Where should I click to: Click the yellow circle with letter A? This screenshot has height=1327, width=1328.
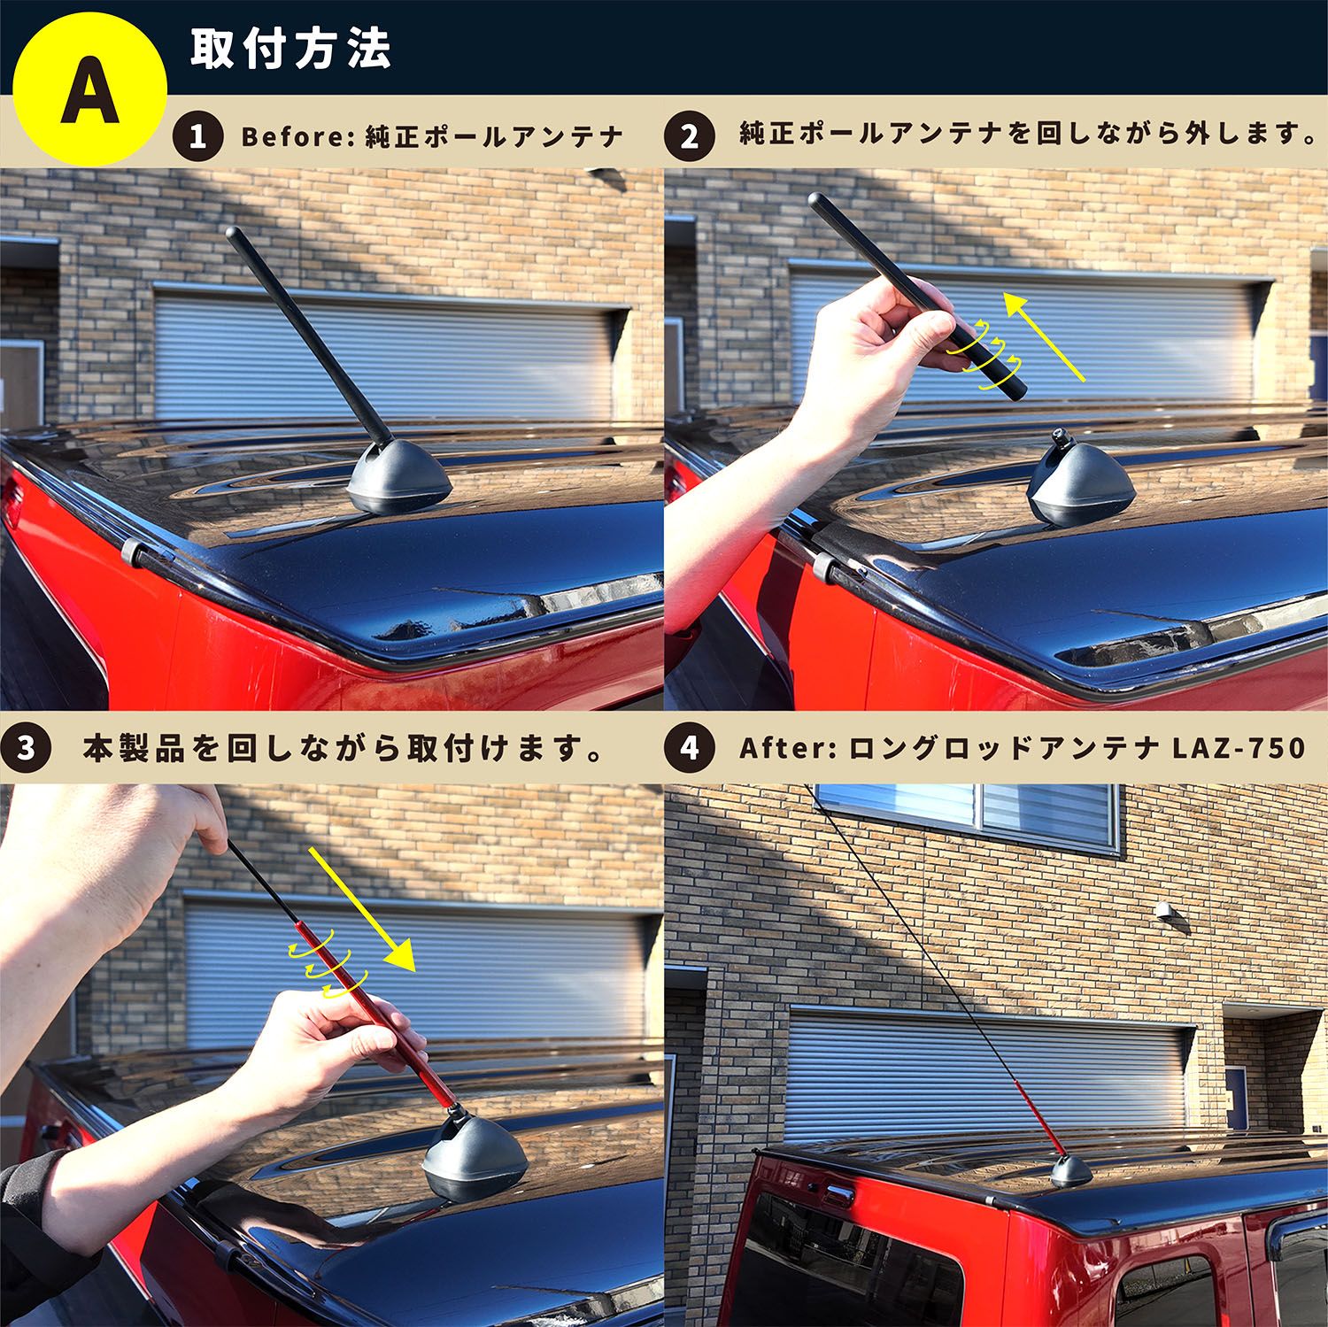tap(89, 89)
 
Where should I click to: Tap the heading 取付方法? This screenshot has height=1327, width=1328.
tap(290, 49)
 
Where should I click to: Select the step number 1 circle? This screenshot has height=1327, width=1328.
tap(197, 136)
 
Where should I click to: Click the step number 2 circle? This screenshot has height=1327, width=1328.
tap(689, 136)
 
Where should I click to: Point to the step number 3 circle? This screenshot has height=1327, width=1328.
tap(26, 748)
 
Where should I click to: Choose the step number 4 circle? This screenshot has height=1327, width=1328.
tap(689, 748)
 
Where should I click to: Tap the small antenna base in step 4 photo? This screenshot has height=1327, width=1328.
tap(1071, 1171)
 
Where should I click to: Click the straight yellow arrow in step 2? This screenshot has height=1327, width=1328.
tap(1044, 337)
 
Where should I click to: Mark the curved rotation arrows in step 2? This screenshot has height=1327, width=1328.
tap(984, 354)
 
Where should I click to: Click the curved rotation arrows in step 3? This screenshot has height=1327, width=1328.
tap(327, 963)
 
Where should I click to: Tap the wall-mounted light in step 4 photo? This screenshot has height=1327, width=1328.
tap(1168, 912)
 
